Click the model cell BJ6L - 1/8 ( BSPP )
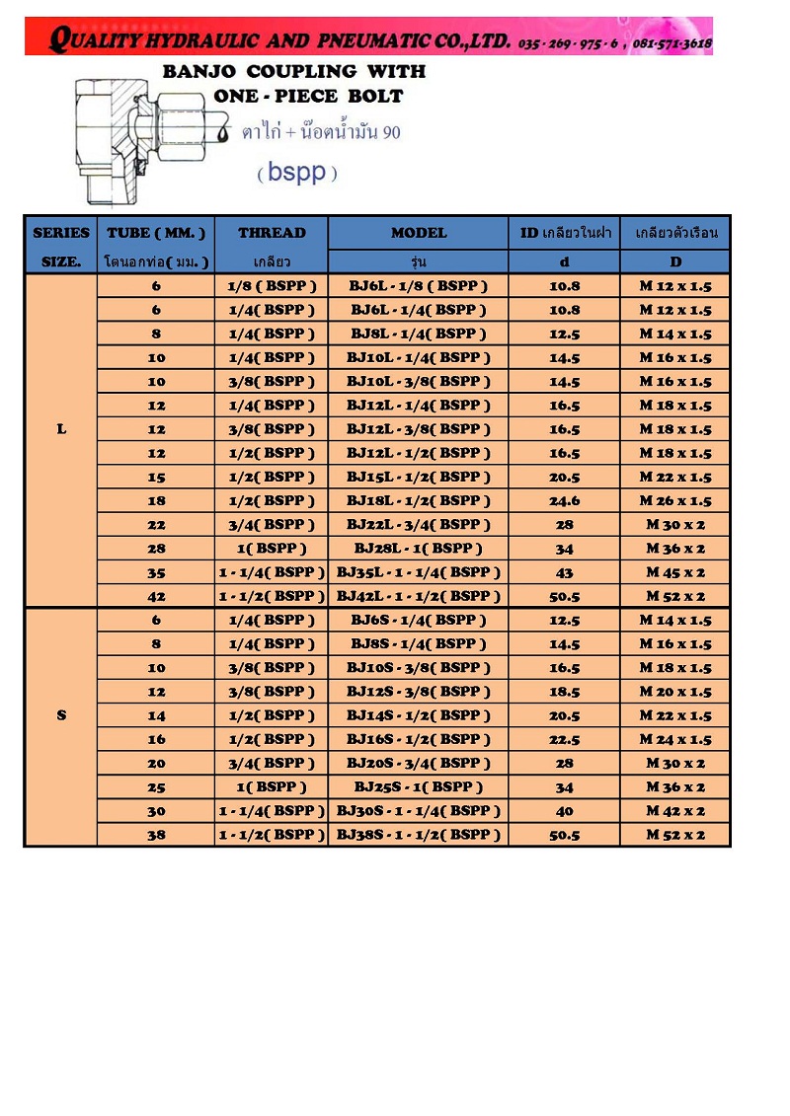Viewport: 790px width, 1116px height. click(x=418, y=286)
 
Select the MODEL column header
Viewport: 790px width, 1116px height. click(x=418, y=233)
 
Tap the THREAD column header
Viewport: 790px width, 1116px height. click(x=272, y=233)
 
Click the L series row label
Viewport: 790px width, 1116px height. click(x=61, y=429)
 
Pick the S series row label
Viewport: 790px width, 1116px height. click(x=61, y=714)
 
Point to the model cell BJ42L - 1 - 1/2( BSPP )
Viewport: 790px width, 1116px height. click(x=418, y=596)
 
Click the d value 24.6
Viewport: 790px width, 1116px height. click(x=564, y=500)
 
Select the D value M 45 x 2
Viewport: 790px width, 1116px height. click(x=675, y=572)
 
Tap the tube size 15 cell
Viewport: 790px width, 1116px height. click(x=156, y=477)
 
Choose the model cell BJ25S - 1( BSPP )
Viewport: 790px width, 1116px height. click(x=418, y=787)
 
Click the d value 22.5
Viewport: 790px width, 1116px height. click(x=564, y=739)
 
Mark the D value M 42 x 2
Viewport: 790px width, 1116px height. click(x=675, y=811)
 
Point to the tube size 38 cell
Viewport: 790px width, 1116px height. click(x=156, y=835)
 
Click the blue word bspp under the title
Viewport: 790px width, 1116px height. click(x=297, y=173)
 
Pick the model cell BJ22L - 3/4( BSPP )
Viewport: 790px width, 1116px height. click(x=418, y=525)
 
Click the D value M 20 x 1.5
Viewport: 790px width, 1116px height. click(x=675, y=692)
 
